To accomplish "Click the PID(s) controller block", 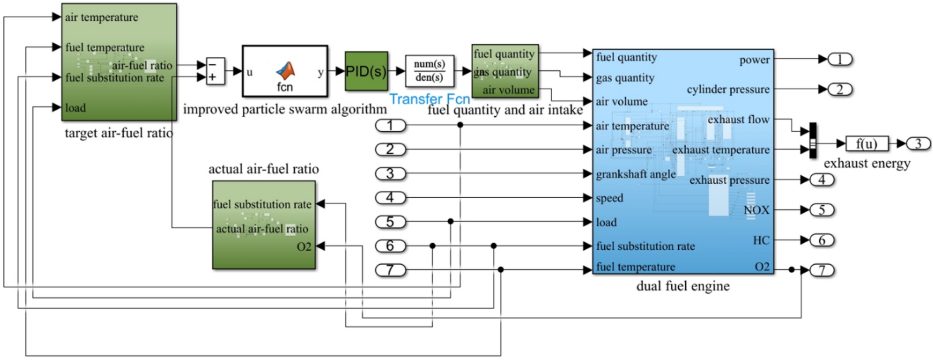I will (x=366, y=71).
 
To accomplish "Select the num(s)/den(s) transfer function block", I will (x=429, y=71).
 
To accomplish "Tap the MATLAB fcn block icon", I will (x=285, y=71).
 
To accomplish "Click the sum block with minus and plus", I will (x=215, y=71).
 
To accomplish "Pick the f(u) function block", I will (x=867, y=144).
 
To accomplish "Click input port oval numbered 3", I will (x=390, y=173).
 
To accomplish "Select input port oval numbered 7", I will (x=390, y=270).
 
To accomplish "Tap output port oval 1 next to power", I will (x=840, y=59).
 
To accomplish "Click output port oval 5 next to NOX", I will (x=821, y=210).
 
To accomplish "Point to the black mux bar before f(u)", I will (x=813, y=140).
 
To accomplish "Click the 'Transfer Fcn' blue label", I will (x=429, y=99).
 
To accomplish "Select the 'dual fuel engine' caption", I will (x=682, y=286).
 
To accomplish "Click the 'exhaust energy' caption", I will (x=867, y=163).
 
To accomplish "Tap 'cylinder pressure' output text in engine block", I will (x=728, y=89).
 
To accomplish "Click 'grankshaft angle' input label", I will (x=635, y=174).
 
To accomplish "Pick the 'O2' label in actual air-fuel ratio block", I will (x=304, y=247).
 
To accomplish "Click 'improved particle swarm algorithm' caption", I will (x=285, y=109).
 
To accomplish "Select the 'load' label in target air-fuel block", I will (x=75, y=108).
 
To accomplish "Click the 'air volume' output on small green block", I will (x=508, y=90).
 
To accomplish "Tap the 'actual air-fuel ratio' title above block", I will (x=263, y=169).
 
